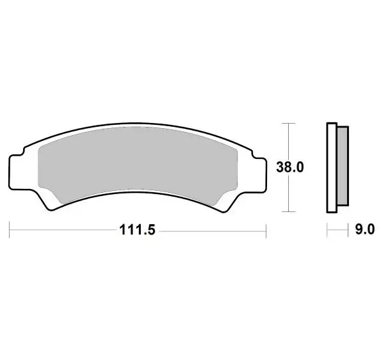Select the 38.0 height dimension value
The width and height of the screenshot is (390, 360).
click(289, 168)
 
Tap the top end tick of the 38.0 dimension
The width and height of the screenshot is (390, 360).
click(289, 122)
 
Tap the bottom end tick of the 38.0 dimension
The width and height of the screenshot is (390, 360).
click(289, 211)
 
